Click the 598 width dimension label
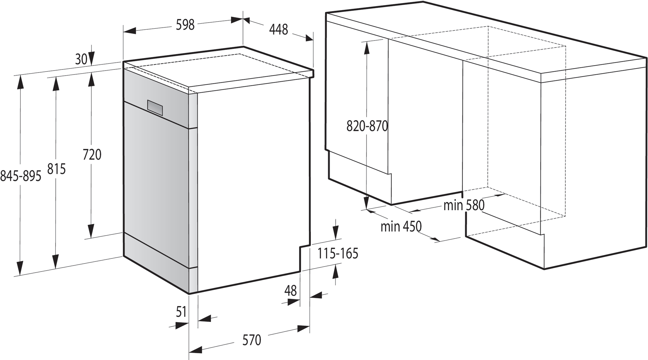pyautogui.click(x=185, y=25)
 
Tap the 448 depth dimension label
pyautogui.click(x=278, y=30)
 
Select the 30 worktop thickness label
pyautogui.click(x=81, y=59)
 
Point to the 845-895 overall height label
pyautogui.click(x=21, y=176)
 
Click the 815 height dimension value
pyautogui.click(x=56, y=169)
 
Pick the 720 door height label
pyautogui.click(x=92, y=155)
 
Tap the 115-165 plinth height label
pyautogui.click(x=337, y=253)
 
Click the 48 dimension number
pyautogui.click(x=290, y=290)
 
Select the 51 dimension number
pyautogui.click(x=181, y=312)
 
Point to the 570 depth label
pyautogui.click(x=252, y=340)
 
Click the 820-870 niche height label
pyautogui.click(x=367, y=126)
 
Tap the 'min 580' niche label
pyautogui.click(x=464, y=205)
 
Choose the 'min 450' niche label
pyautogui.click(x=401, y=226)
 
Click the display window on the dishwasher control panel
pyautogui.click(x=155, y=107)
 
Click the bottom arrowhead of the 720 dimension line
pyautogui.click(x=91, y=232)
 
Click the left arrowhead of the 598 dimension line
pyautogui.click(x=129, y=31)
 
